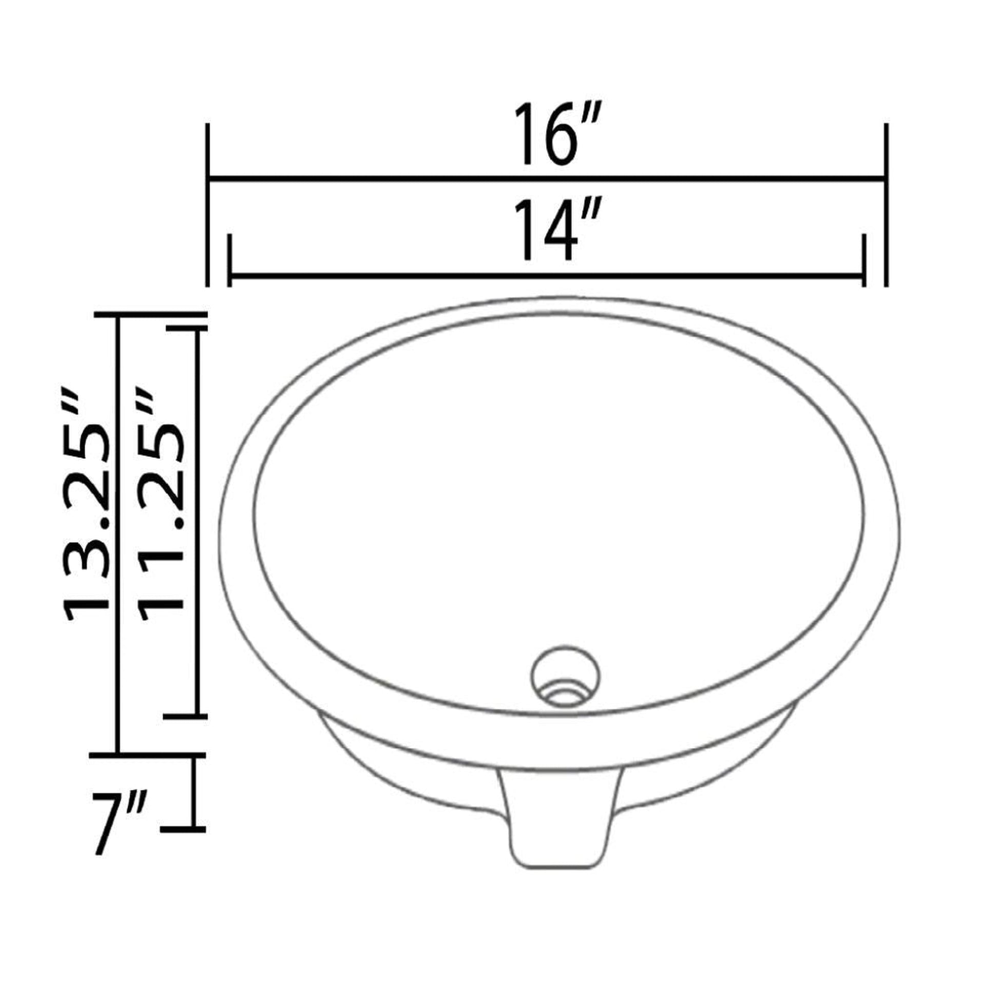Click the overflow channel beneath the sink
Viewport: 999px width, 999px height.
[558, 822]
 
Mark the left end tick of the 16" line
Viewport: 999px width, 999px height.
[207, 205]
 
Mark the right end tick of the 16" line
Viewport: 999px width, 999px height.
[886, 205]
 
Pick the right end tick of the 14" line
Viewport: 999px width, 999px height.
[863, 260]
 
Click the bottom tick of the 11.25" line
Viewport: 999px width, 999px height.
[185, 716]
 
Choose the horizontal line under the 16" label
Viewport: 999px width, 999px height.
[547, 179]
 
